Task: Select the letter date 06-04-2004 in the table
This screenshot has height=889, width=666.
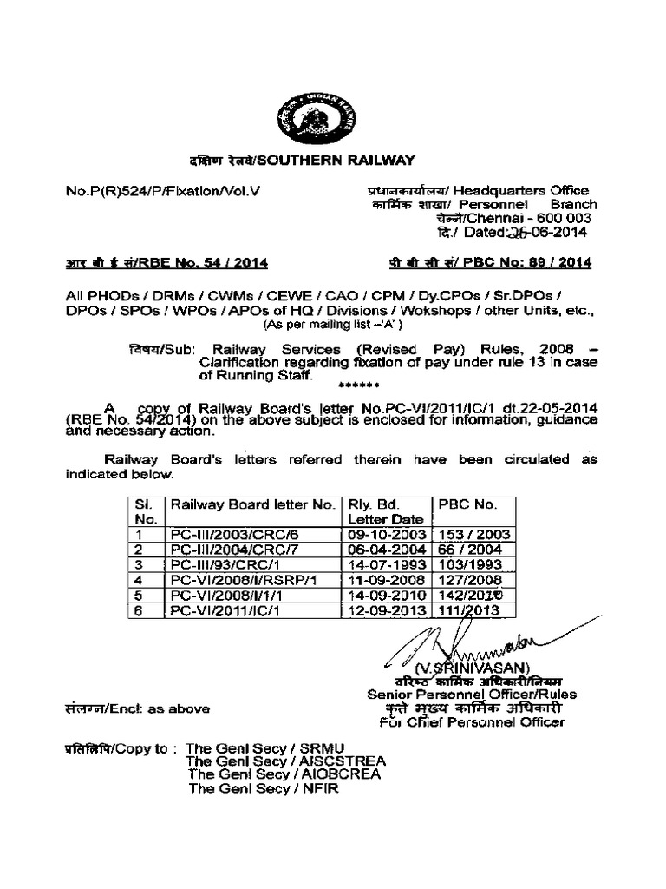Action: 385,550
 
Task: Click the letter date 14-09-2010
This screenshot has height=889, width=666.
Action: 385,596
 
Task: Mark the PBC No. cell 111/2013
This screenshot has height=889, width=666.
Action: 469,610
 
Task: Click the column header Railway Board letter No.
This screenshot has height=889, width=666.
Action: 251,504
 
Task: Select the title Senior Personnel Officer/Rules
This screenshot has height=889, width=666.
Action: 472,694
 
